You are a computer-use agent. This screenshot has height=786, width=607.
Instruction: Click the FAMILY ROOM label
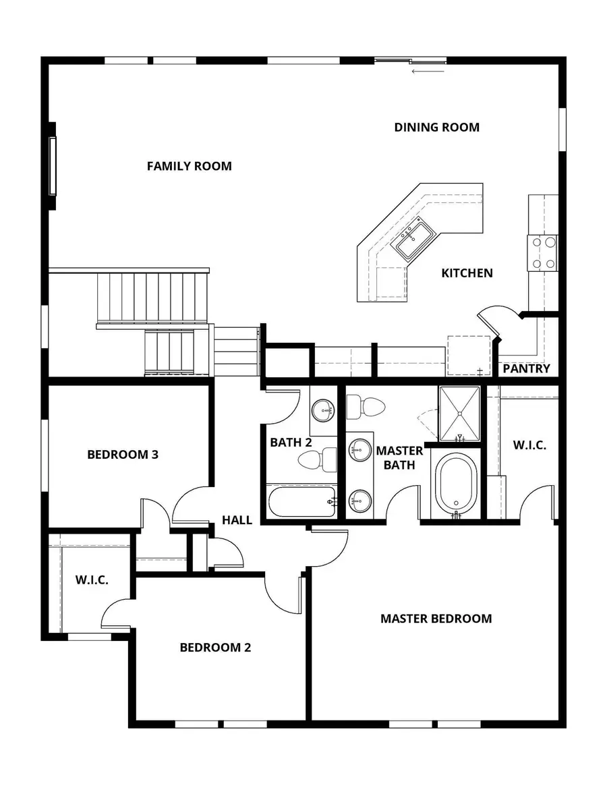[x=189, y=166]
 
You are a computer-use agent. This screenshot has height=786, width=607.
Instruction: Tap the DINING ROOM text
[x=436, y=127]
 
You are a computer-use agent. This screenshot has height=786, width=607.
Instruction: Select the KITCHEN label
[x=467, y=273]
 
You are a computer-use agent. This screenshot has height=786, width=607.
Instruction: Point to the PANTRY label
[x=527, y=369]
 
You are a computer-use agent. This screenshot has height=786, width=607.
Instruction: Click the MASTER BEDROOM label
[x=436, y=618]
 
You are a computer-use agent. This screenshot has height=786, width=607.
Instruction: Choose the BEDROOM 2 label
[x=215, y=648]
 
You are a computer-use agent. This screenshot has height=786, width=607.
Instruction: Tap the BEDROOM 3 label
[x=123, y=455]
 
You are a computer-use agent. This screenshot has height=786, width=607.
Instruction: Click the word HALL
[x=237, y=520]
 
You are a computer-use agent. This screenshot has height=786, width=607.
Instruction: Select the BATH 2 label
[x=291, y=443]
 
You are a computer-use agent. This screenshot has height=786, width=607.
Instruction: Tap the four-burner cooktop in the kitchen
[x=543, y=253]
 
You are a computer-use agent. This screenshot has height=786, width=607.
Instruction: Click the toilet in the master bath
[x=365, y=406]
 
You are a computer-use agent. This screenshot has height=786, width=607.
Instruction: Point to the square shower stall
[x=459, y=411]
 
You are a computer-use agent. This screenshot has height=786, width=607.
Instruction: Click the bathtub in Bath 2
[x=301, y=501]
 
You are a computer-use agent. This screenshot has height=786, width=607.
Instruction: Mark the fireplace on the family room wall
[x=52, y=166]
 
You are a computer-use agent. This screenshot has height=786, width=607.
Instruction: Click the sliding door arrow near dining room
[x=428, y=70]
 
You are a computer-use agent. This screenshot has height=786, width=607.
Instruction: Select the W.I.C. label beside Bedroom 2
[x=92, y=580]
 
